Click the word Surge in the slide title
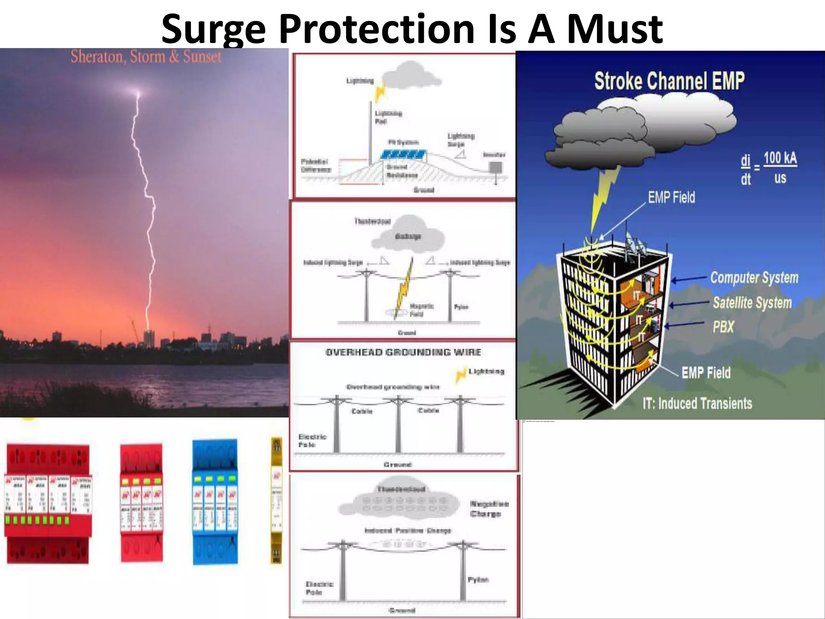point(214,29)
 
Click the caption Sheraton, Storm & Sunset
point(146,56)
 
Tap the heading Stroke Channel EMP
point(669,81)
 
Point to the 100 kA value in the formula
point(780,158)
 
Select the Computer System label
point(754,278)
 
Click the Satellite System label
point(752,303)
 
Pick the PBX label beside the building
point(723,327)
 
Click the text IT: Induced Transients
point(697,403)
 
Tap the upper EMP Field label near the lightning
point(671,197)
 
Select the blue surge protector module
point(215,502)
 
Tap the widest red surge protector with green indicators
point(47,504)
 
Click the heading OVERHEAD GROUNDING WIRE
point(403,352)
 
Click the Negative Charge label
point(489,509)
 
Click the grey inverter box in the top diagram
point(496,167)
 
